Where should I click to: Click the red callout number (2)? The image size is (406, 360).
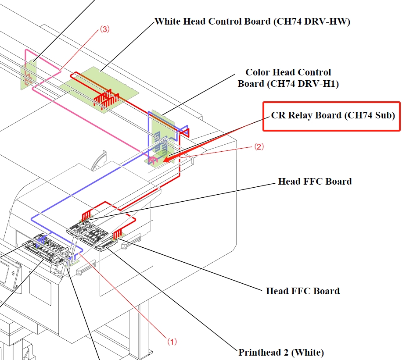(259, 147)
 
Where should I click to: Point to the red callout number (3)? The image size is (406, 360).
(104, 29)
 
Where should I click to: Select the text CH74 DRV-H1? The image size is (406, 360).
(303, 84)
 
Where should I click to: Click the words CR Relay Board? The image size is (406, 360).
(306, 115)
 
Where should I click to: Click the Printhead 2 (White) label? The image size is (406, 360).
(281, 352)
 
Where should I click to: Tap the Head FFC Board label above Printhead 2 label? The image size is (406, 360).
(302, 291)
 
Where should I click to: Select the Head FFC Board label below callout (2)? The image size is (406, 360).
(315, 181)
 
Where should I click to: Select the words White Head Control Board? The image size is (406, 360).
(212, 21)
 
